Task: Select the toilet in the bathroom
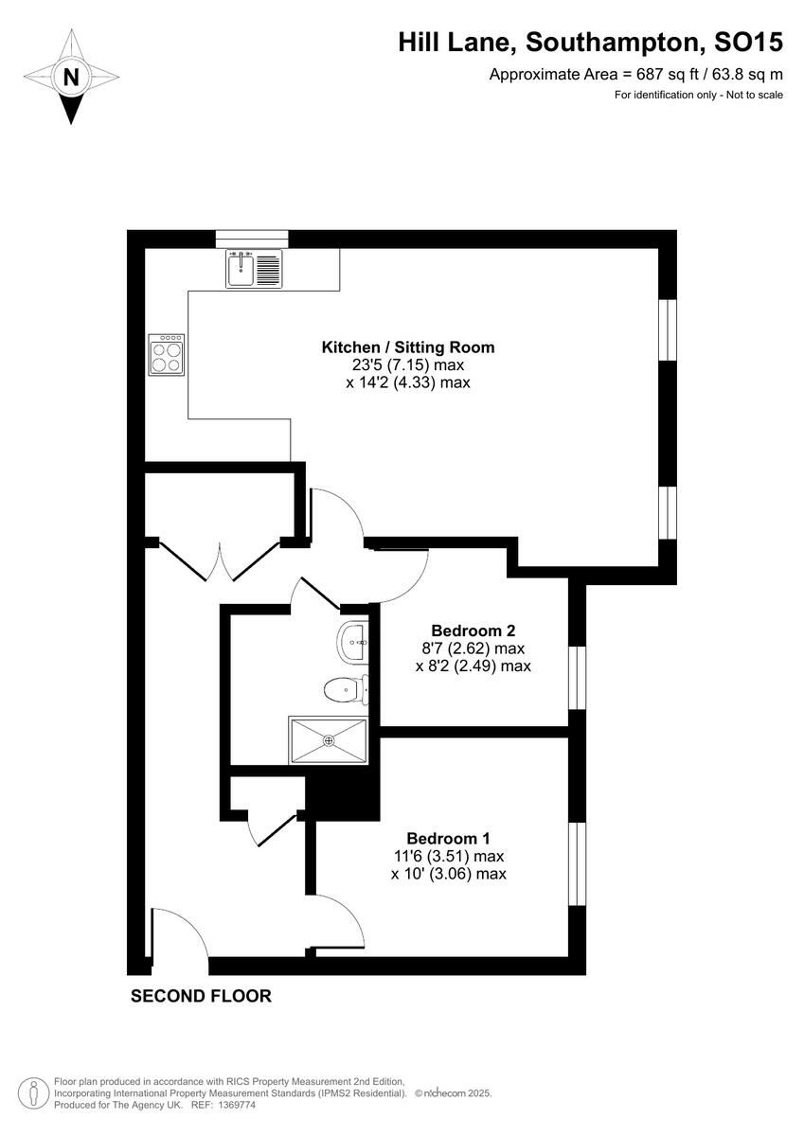[341, 689]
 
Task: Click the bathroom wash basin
[354, 644]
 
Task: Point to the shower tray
[328, 738]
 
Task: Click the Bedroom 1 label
[448, 838]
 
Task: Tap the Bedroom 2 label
[473, 630]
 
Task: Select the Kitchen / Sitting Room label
[407, 347]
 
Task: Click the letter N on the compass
[70, 78]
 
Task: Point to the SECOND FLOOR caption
[201, 996]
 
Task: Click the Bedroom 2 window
[575, 678]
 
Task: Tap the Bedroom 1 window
[575, 863]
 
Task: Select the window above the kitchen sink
[251, 239]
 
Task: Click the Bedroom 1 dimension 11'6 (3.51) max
[449, 856]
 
